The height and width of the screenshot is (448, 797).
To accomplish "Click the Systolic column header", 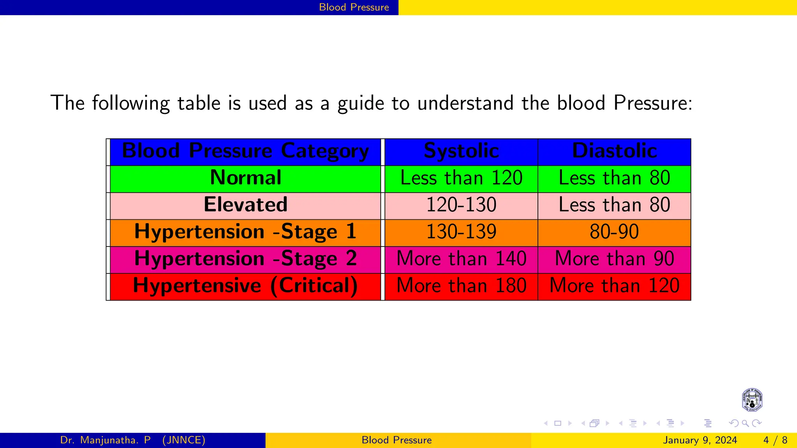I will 461,151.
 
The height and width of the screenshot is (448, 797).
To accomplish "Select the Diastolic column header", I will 614,151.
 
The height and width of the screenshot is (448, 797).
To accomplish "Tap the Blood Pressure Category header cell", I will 245,151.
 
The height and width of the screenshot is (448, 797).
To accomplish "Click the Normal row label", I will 245,178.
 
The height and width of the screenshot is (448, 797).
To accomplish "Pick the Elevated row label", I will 245,205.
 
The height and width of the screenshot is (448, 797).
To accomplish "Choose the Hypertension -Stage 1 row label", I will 245,232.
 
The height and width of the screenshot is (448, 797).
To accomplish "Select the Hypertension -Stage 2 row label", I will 245,259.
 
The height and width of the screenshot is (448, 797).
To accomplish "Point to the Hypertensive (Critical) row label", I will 245,286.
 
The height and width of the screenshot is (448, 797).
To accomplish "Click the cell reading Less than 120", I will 461,178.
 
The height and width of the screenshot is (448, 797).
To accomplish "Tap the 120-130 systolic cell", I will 461,205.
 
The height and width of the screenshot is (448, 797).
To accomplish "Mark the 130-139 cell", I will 461,232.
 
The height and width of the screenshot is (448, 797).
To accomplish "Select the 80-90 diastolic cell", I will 614,232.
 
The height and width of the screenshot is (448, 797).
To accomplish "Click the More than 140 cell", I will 461,259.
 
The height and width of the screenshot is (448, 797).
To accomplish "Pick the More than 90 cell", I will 614,259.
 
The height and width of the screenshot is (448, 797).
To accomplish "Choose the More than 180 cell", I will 461,286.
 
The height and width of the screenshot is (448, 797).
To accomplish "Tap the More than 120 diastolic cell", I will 614,286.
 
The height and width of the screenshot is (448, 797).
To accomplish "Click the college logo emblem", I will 752,400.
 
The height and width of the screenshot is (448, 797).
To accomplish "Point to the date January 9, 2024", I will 700,440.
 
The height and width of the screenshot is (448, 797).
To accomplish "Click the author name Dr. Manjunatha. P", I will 105,440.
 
